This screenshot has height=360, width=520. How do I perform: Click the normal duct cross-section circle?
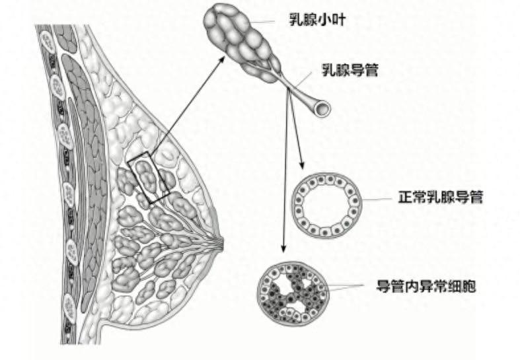tap(327, 205)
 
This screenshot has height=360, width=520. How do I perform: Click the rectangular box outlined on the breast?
tap(149, 176)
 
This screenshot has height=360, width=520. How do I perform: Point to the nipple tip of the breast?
tap(221, 244)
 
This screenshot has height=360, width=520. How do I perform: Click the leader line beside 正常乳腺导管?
tap(378, 198)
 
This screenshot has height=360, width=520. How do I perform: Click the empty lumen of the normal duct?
tap(327, 205)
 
